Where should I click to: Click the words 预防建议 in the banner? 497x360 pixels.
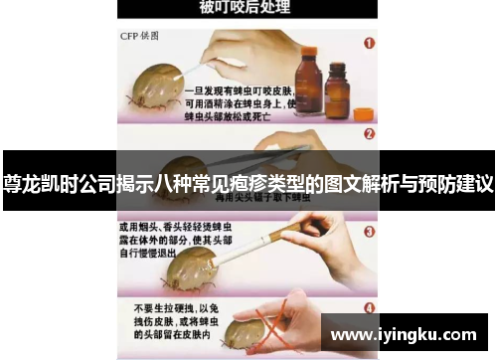(x=457, y=184)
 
